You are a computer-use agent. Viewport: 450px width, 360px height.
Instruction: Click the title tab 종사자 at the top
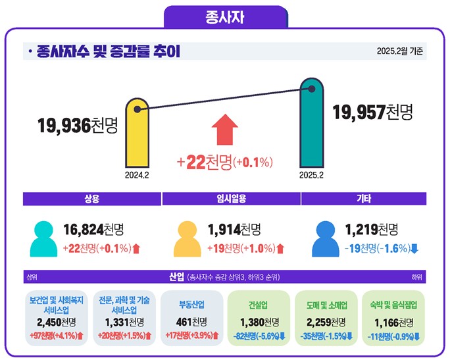[225, 16]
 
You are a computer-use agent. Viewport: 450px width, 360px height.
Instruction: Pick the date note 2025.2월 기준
[400, 51]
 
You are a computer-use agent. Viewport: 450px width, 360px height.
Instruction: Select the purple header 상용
[91, 198]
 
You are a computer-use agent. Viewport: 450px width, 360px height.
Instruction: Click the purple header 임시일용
[231, 198]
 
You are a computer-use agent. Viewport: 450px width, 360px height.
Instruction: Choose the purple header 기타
[364, 198]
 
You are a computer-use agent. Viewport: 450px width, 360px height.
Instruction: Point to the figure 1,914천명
[234, 230]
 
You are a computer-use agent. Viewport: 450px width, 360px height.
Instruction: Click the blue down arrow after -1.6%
[414, 248]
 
